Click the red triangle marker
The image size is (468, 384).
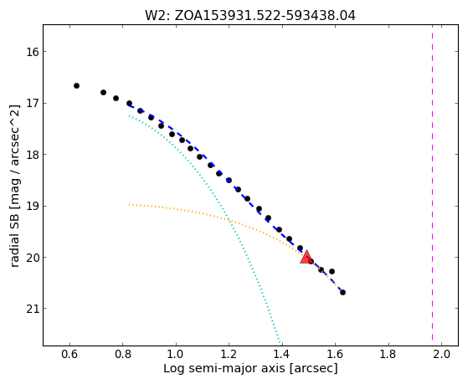pos(306,258)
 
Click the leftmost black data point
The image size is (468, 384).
pos(76,86)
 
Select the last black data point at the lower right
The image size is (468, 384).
pos(342,293)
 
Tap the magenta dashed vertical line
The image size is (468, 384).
pos(432,185)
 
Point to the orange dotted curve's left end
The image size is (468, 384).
pos(129,205)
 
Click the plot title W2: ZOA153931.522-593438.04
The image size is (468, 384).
pos(250,16)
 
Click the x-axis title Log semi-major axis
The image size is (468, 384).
pos(250,368)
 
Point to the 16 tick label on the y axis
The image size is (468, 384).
pos(33,52)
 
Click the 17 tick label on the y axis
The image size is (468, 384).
pos(33,104)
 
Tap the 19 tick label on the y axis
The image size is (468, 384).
pos(33,206)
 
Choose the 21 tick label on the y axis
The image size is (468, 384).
pos(33,309)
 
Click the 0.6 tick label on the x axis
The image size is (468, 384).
pos(69,354)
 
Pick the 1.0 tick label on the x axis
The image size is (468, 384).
pos(176,354)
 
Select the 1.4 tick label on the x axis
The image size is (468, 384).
pos(282,354)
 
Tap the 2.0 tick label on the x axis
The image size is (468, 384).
pos(441,354)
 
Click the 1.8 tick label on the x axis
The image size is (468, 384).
pos(388,354)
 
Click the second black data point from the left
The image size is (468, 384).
pos(103,93)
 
